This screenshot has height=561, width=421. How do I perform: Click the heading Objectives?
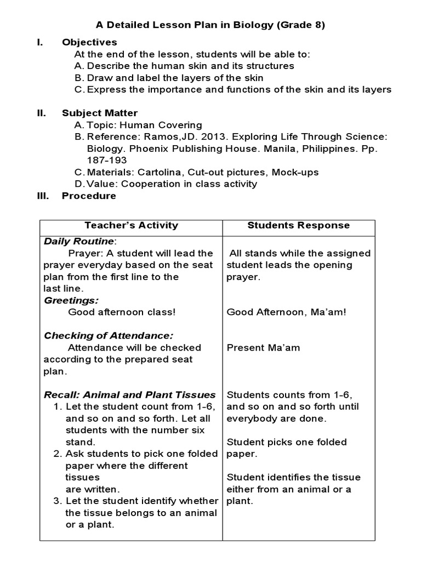coord(89,42)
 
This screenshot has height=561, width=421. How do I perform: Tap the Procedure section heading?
coord(89,196)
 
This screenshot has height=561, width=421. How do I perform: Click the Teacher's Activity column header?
coord(131,225)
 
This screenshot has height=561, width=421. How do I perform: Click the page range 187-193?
coord(107,160)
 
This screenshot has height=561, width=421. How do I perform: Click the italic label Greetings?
coord(71,300)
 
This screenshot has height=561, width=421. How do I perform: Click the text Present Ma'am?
coord(263,347)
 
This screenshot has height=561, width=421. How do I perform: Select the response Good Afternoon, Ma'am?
coord(286,312)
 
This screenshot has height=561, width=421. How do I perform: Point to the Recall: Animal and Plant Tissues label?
coord(130,394)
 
